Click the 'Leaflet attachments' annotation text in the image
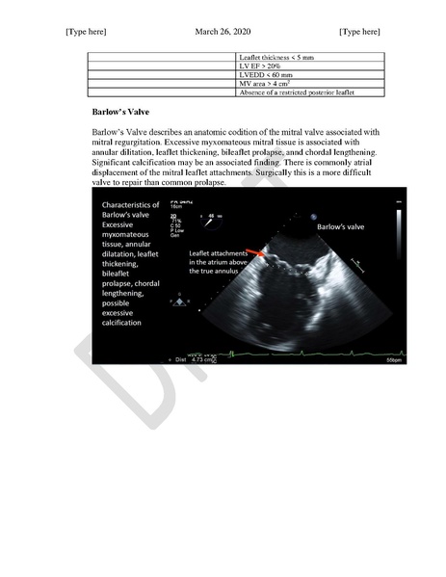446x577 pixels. pyautogui.click(x=220, y=253)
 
